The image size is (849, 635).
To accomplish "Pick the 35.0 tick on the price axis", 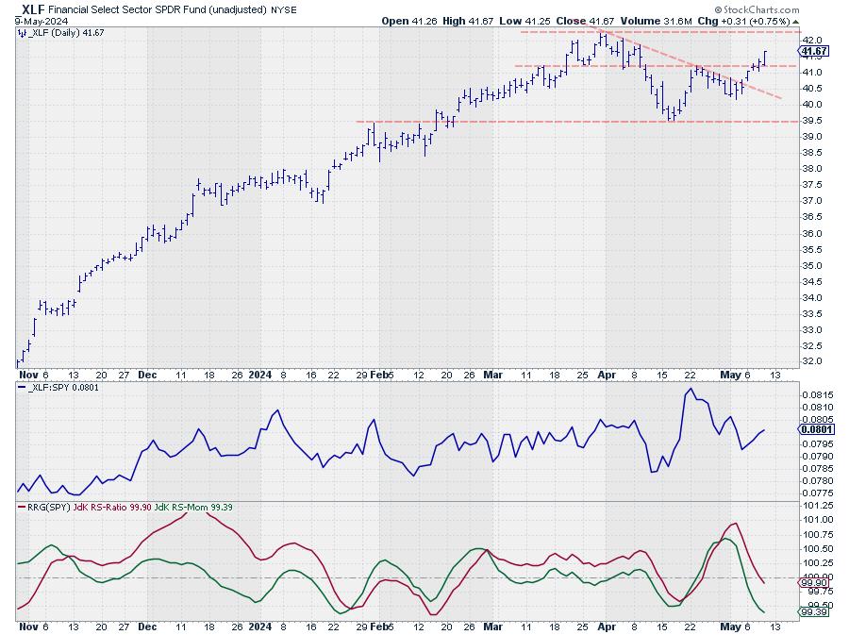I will [x=811, y=265].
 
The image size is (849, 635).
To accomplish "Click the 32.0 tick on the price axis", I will [x=811, y=361].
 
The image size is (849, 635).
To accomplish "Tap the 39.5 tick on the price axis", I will [x=811, y=121].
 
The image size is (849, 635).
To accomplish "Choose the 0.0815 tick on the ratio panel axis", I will [x=818, y=394].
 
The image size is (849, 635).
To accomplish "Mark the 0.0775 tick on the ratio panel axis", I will [x=818, y=493].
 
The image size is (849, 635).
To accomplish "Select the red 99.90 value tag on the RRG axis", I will [x=816, y=583].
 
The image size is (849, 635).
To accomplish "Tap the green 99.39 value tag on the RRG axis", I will [x=816, y=612].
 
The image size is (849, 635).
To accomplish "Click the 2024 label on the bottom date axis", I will [x=259, y=626].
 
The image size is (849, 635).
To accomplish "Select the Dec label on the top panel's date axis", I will [x=147, y=374].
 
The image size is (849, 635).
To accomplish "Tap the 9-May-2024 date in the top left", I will [x=28, y=20].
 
